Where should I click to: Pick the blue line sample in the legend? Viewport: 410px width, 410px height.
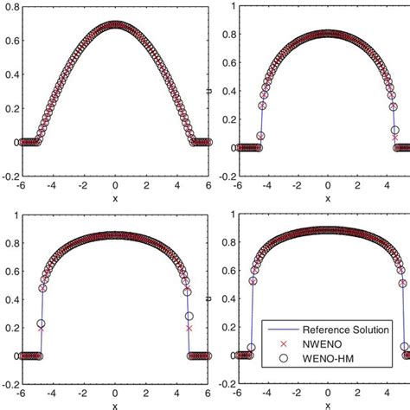[x=278, y=329]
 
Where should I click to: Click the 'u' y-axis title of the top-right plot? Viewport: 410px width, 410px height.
[x=224, y=90]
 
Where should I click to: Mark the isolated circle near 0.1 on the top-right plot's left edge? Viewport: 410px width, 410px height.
[x=262, y=136]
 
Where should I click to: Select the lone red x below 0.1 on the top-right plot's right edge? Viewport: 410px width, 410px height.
[x=395, y=137]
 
